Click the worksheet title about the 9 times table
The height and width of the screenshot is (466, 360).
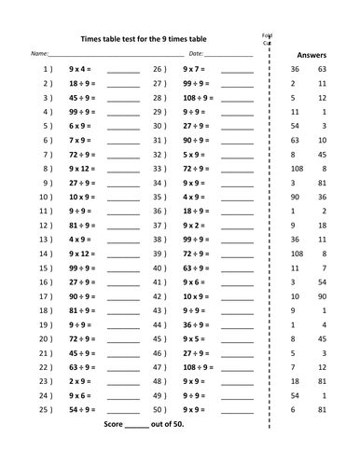click(x=145, y=39)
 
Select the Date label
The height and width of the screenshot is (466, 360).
click(x=196, y=55)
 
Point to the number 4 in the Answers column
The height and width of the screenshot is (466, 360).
click(x=323, y=324)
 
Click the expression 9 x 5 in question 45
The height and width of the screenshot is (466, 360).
click(x=194, y=338)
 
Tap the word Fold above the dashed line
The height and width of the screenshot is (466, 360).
click(x=267, y=34)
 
